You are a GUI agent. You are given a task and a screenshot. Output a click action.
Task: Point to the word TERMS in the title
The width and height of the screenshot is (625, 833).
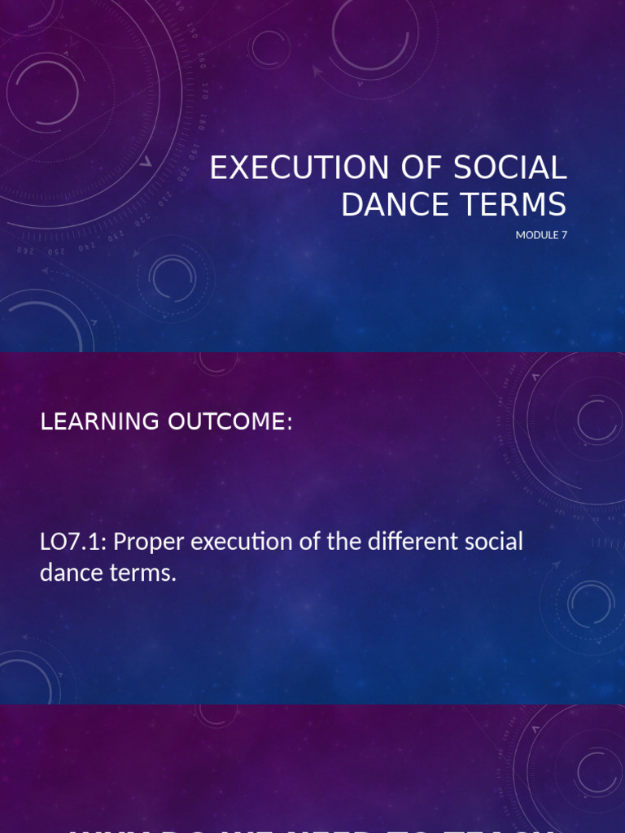coord(512,205)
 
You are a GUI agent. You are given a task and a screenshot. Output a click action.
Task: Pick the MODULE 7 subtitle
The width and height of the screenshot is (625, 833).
coord(540,236)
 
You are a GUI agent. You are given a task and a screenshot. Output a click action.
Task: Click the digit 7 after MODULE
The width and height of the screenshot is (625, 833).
coord(562,236)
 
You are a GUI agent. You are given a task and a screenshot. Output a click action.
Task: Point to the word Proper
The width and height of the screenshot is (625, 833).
coord(149,543)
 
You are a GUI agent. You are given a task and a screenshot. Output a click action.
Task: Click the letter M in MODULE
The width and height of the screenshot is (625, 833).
coord(520,236)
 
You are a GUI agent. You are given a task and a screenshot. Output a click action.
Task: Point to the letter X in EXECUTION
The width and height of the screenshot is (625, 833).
coord(239,168)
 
